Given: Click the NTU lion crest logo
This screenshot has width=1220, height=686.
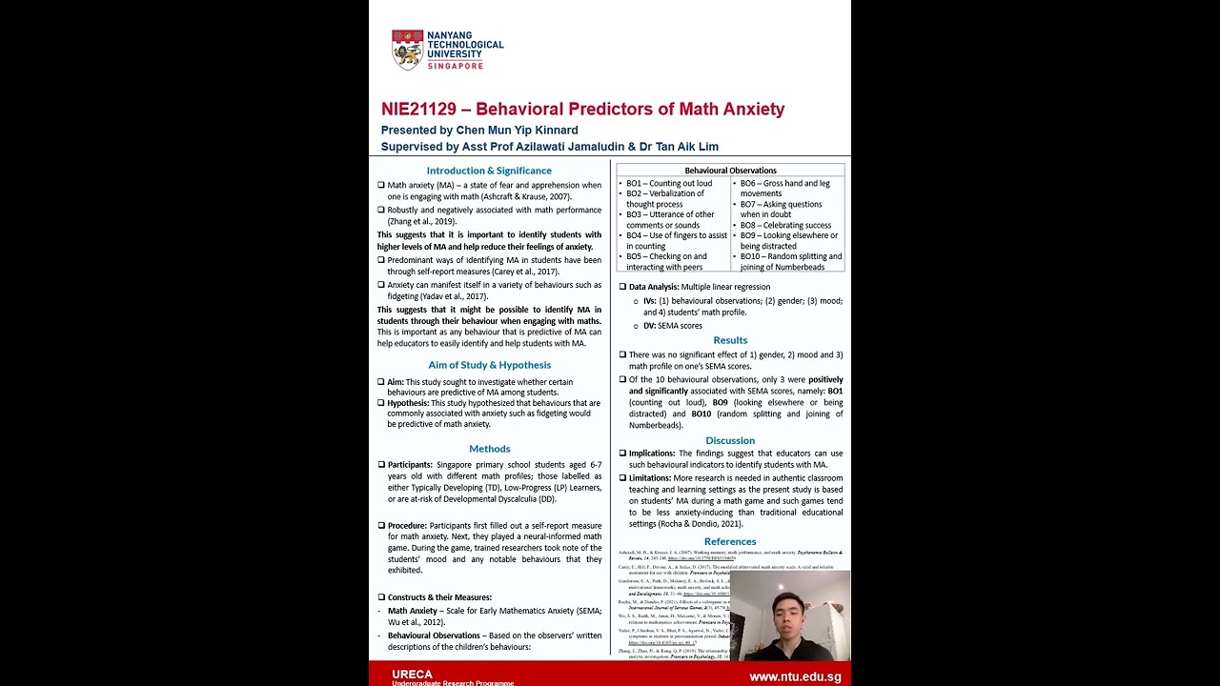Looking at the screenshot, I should [407, 50].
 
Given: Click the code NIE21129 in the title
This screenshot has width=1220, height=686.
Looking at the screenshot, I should [418, 110].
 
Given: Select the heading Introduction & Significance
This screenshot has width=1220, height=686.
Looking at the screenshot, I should [489, 171].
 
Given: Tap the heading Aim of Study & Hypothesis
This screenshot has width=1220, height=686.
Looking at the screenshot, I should [489, 365].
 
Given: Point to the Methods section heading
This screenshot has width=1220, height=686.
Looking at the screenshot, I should [489, 449].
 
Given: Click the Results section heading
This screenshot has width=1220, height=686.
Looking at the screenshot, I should [730, 340].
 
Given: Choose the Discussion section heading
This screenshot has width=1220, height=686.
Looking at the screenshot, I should [730, 440].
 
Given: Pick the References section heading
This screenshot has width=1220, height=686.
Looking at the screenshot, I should [730, 542].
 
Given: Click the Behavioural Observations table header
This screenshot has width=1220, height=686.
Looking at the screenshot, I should [730, 171].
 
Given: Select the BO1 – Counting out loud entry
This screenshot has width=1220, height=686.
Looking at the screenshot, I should [669, 183].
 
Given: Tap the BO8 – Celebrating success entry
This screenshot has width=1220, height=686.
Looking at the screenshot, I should [785, 225].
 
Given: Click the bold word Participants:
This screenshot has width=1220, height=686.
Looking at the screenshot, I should [410, 465].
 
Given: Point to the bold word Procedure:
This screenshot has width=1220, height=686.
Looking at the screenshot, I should [407, 526].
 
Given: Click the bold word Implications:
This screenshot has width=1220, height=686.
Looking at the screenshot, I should [652, 454].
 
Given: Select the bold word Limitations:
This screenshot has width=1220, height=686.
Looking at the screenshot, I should [650, 478].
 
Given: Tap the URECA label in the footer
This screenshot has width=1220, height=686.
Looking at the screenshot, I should [412, 675].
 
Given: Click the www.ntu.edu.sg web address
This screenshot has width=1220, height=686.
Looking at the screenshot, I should [795, 676].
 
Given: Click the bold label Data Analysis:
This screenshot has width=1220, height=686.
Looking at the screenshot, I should [654, 287].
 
